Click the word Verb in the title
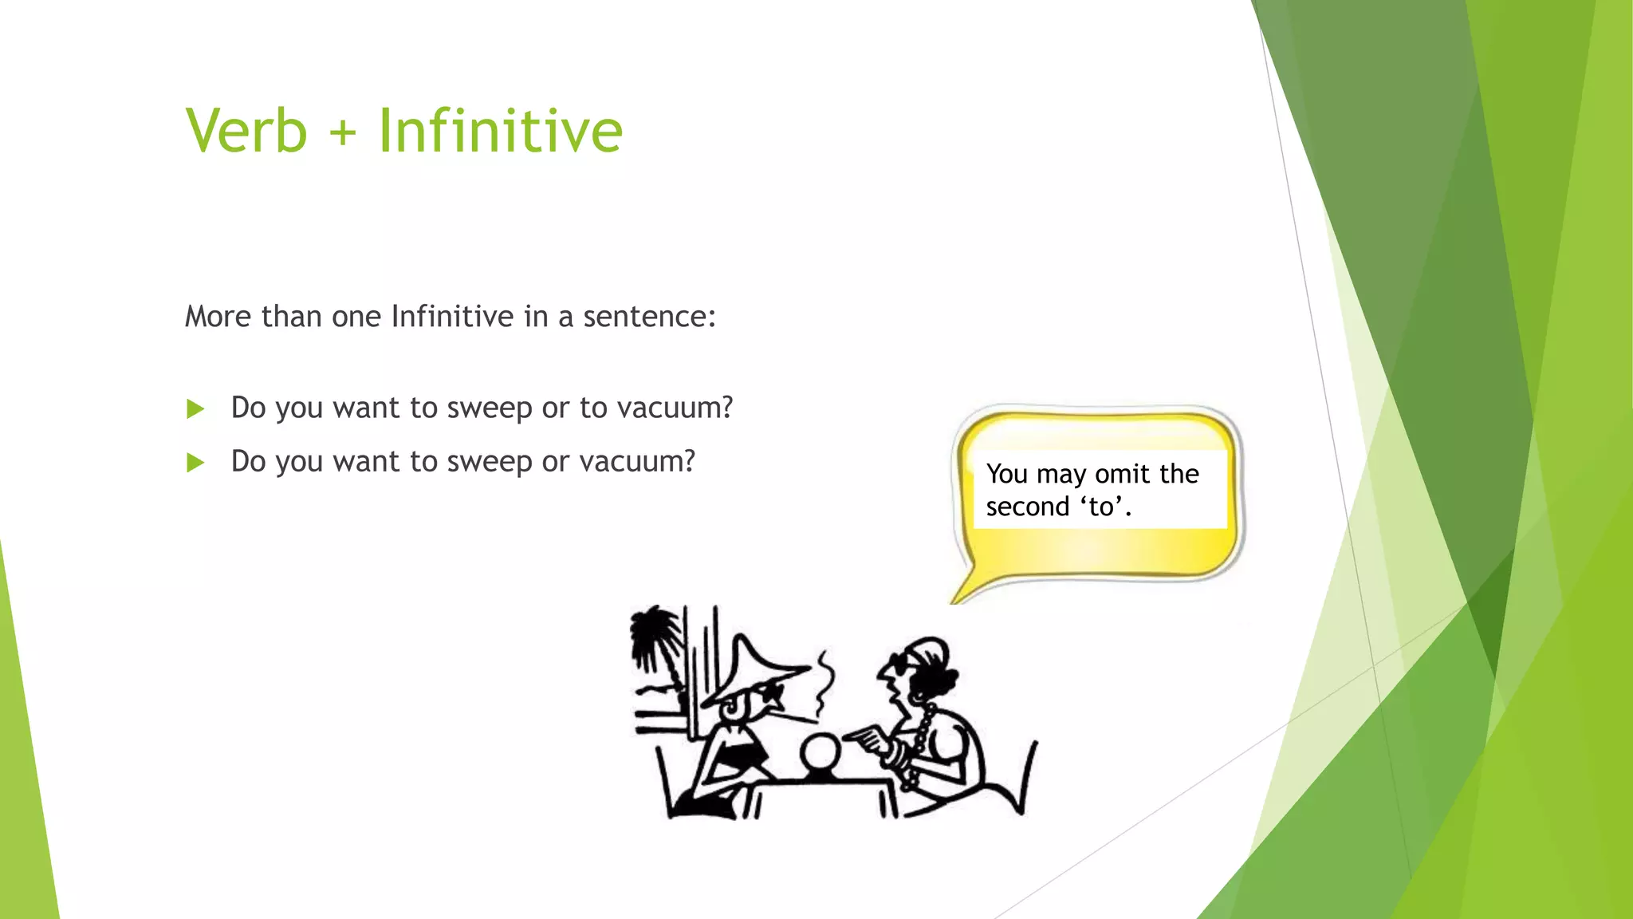pos(246,131)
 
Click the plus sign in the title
pos(342,132)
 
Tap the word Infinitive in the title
pos(500,131)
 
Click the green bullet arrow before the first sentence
pos(195,409)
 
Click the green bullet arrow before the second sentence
pos(195,463)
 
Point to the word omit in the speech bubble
pos(1123,474)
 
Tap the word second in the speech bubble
pos(1027,507)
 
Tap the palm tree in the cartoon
pos(656,638)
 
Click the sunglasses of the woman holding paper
pos(900,665)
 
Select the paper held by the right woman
pos(868,737)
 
